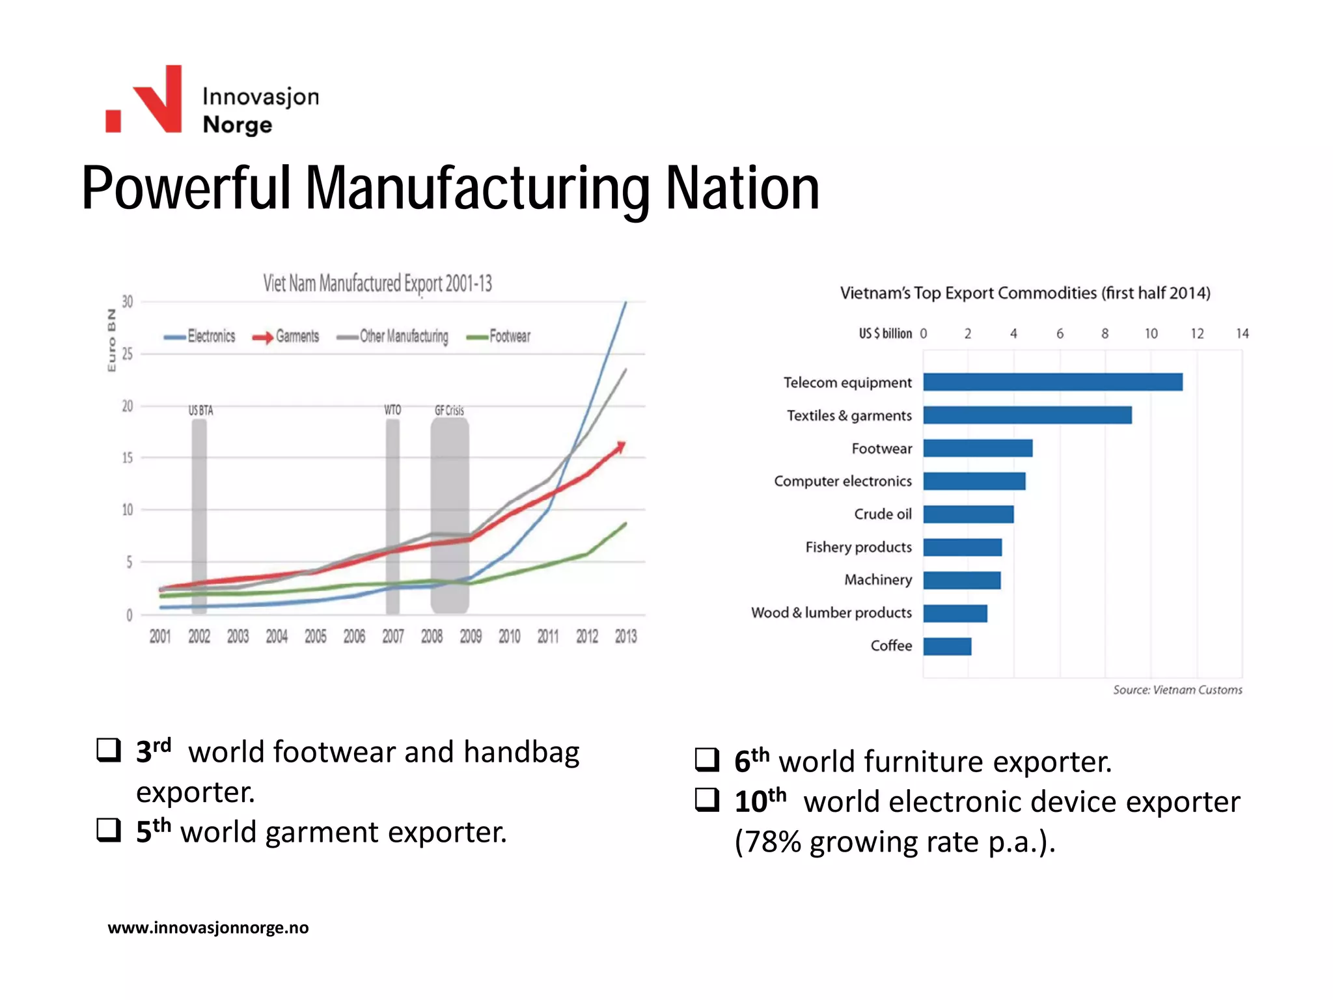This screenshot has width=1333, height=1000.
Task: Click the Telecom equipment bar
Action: coord(1052,382)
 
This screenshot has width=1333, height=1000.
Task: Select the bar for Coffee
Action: coord(947,646)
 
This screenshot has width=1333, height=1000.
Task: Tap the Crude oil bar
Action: coord(968,514)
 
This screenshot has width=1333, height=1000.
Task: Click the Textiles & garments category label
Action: coord(849,415)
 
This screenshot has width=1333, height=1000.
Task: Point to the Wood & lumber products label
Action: coord(831,613)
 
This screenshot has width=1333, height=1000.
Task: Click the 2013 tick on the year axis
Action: coord(625,636)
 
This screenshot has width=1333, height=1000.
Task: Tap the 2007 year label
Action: coord(392,636)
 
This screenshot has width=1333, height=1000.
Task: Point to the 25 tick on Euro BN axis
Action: coord(128,354)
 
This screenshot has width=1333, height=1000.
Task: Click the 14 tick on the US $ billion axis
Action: coord(1242,334)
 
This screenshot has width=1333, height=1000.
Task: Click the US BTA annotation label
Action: coord(200,411)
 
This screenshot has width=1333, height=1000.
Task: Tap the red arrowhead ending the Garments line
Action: coord(621,447)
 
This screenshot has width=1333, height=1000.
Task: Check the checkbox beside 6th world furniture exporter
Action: coord(707,760)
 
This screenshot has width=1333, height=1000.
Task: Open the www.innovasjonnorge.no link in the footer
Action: coord(208,928)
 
